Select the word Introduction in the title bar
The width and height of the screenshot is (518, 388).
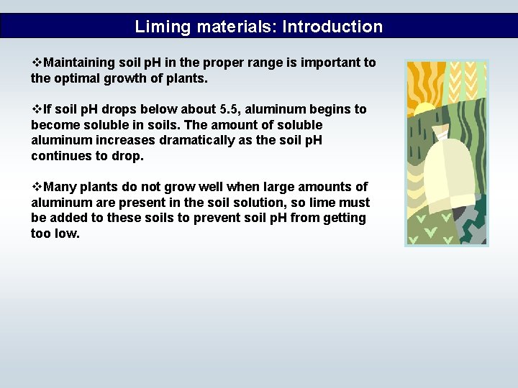[x=332, y=27]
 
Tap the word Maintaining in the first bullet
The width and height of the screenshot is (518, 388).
[x=79, y=63]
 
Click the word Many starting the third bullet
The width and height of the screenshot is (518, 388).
[x=60, y=187]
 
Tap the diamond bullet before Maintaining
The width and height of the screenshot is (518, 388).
[x=37, y=63]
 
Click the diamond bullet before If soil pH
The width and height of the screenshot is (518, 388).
[x=37, y=109]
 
